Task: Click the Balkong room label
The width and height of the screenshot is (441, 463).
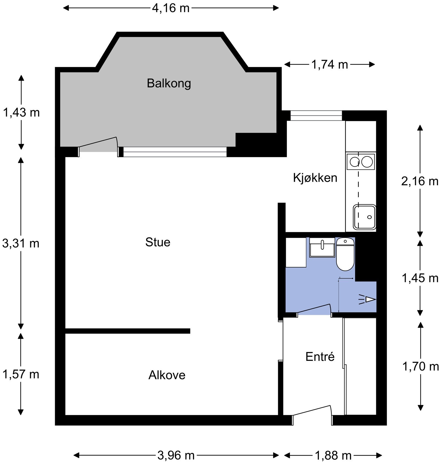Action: click(169, 83)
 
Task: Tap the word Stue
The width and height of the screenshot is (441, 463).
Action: click(158, 242)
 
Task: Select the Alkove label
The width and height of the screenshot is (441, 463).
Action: click(167, 375)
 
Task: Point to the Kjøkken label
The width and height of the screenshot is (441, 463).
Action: click(315, 178)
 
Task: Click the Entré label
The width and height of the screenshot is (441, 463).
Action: click(320, 357)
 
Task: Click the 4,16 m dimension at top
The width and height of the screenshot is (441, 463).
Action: click(171, 8)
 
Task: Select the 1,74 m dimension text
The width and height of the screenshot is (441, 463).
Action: click(330, 65)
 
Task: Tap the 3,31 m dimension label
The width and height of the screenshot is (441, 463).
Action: click(21, 244)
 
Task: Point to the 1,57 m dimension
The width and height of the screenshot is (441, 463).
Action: click(21, 374)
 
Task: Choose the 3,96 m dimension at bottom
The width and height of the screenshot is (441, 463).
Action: click(176, 455)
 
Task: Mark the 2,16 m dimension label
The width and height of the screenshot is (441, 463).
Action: click(420, 181)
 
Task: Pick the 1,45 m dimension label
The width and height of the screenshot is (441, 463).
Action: click(420, 278)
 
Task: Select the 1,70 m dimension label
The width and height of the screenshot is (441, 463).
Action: click(420, 366)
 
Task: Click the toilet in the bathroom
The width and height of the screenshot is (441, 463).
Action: click(345, 254)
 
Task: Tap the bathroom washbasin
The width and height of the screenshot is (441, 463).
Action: click(322, 247)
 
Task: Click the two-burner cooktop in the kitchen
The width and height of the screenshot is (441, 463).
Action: click(360, 162)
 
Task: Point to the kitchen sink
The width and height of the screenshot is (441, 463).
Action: click(365, 217)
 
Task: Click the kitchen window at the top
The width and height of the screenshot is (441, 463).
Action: click(316, 115)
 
